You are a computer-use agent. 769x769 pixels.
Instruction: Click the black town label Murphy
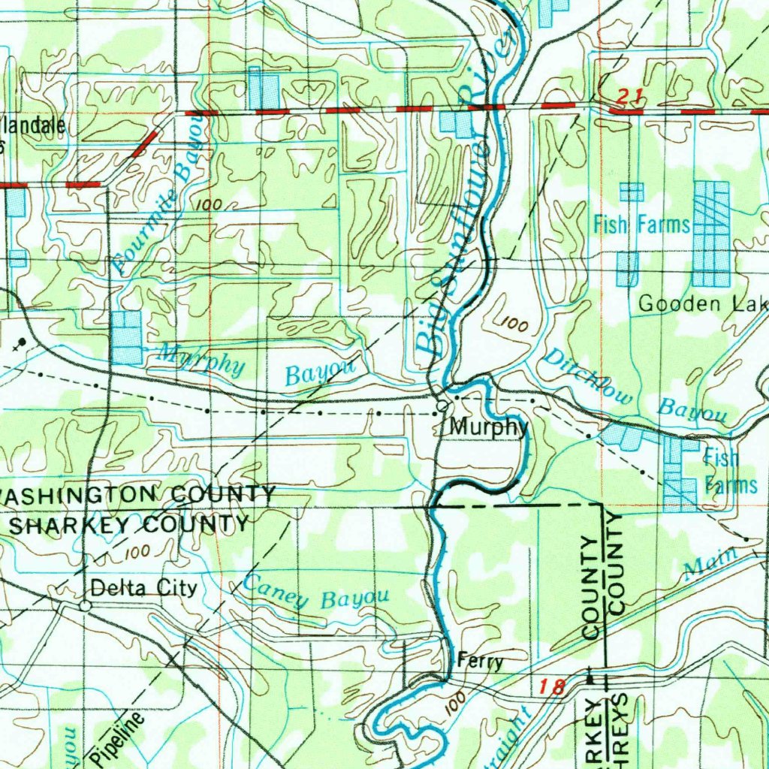[488, 427]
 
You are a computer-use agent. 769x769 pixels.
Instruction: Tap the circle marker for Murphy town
[442, 406]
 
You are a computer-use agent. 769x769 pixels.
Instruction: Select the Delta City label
[143, 587]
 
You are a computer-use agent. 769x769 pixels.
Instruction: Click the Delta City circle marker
[86, 605]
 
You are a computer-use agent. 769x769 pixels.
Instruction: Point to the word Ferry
[480, 662]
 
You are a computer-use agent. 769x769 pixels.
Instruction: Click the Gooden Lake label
[702, 303]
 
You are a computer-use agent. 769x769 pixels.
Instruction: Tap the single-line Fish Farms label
[641, 224]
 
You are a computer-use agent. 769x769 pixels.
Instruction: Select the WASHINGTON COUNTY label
[139, 496]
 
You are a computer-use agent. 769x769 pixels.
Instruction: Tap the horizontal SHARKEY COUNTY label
[128, 524]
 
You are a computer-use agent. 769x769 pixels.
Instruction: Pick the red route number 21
[629, 95]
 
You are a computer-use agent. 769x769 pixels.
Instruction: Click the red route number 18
[551, 684]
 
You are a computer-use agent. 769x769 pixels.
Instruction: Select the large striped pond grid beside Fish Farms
[710, 234]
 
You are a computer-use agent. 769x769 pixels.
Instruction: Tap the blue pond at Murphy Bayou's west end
[126, 338]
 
